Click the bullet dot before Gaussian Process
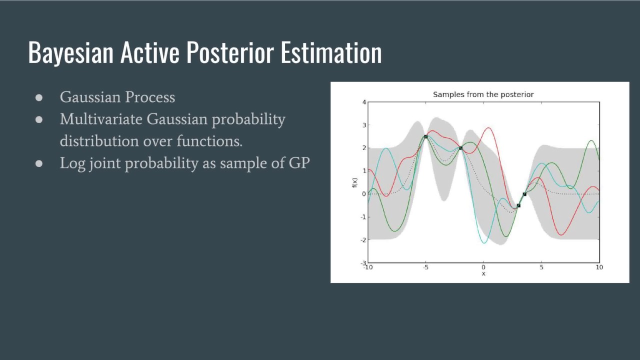39,97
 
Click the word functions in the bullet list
209,141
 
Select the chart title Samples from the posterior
483,94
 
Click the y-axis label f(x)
354,183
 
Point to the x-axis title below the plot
483,273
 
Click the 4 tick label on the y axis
364,102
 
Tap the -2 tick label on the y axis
363,240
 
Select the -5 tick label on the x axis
425,267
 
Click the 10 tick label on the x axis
599,267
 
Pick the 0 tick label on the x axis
483,267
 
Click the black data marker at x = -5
425,136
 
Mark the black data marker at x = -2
460,148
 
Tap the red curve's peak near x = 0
488,128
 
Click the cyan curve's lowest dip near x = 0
483,243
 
